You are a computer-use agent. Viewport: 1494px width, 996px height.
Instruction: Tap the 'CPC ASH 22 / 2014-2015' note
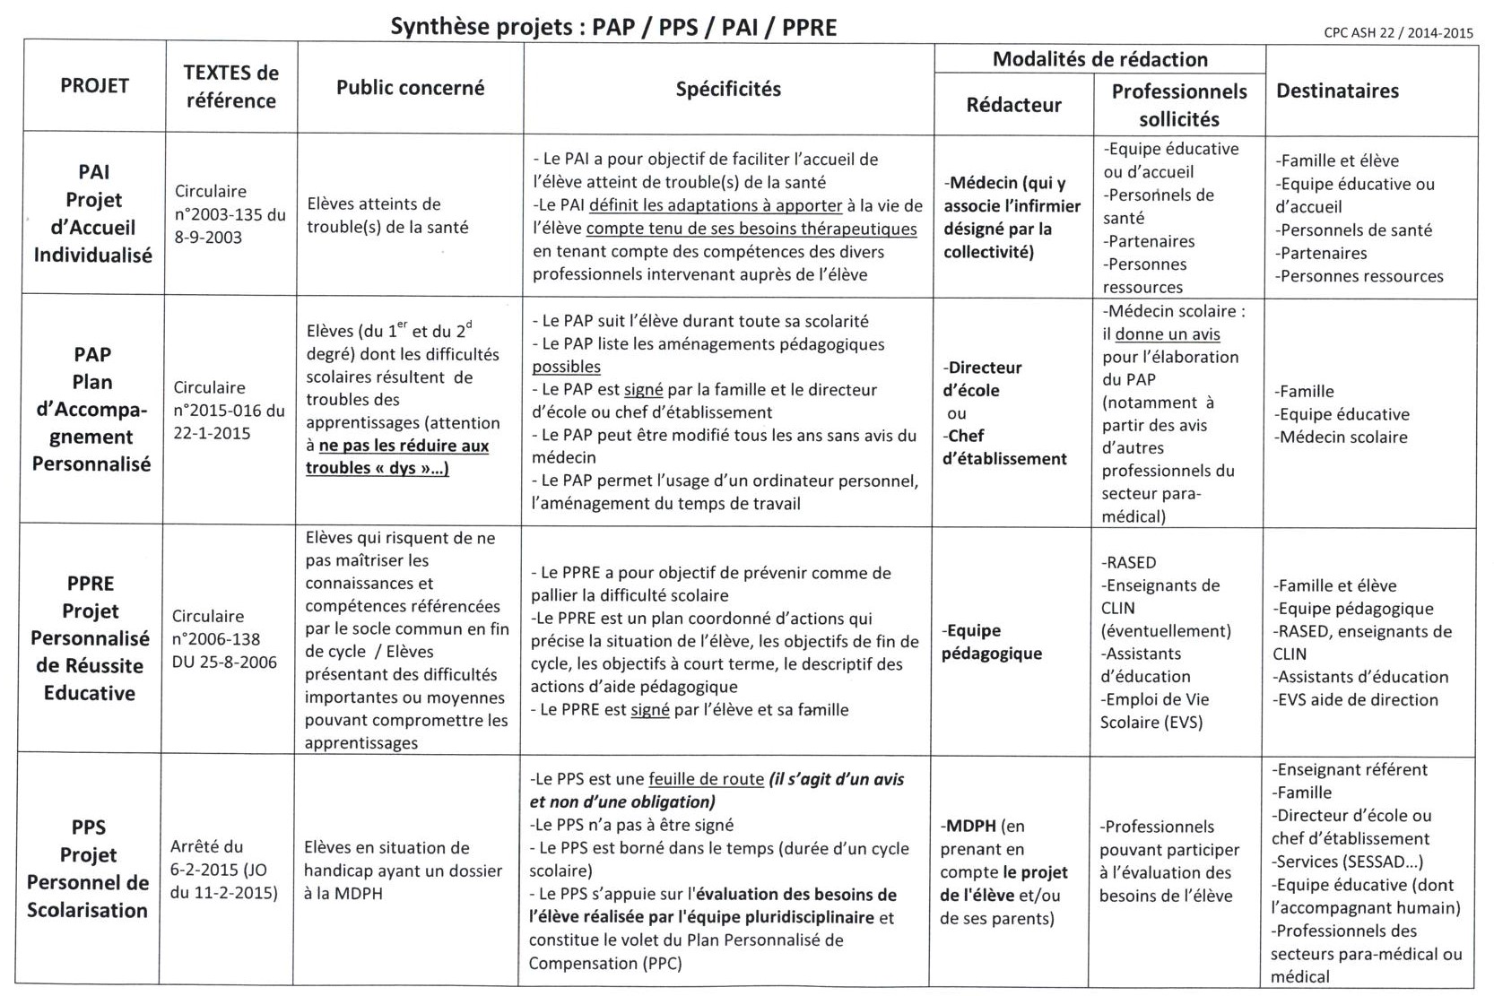[x=1398, y=33]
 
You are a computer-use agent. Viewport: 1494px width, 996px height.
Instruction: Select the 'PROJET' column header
[x=94, y=86]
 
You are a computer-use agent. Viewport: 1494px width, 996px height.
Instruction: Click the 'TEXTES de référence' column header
[x=230, y=87]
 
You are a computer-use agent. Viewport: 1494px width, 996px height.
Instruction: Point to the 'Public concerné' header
[x=410, y=88]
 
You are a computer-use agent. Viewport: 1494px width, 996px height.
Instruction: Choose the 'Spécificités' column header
[x=727, y=89]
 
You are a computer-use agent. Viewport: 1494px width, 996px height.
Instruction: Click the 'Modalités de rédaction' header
[x=1099, y=60]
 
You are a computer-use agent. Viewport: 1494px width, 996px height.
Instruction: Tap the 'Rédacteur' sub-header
[x=1013, y=105]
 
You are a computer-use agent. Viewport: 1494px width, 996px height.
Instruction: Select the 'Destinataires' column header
[x=1337, y=91]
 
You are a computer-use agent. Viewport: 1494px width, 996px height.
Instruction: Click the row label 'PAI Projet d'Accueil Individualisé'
[x=92, y=213]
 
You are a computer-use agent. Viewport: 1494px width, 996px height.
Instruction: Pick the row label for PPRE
[x=90, y=637]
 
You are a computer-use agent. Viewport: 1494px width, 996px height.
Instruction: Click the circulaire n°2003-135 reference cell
[x=230, y=214]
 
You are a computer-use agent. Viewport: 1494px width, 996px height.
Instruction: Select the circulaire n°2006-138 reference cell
[x=224, y=639]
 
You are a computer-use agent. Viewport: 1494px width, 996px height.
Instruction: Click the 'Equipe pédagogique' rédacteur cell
[x=992, y=641]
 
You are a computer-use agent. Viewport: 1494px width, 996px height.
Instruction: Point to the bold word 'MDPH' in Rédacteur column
[x=970, y=826]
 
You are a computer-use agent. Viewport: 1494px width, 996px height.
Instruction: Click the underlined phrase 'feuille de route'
[x=706, y=779]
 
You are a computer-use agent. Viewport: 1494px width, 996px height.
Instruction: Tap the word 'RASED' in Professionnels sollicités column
[x=1132, y=563]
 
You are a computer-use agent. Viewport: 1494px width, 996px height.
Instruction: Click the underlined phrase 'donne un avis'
[x=1168, y=334]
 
